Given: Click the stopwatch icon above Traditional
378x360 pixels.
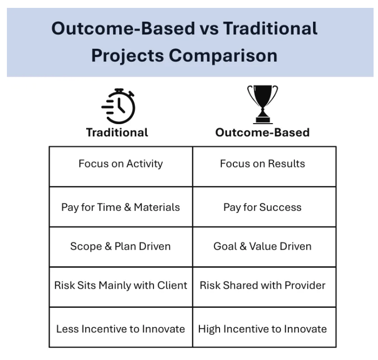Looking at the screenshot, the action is coord(118,106).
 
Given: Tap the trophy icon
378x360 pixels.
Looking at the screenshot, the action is coord(262,104).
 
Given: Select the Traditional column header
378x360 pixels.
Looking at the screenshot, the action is coord(117,132).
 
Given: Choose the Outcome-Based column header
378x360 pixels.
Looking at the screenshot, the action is coord(262,132).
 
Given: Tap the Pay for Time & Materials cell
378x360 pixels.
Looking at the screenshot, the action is coord(121,207).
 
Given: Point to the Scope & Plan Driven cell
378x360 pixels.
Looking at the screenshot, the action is coord(121,246).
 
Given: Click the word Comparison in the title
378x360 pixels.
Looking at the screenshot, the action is coord(223,56).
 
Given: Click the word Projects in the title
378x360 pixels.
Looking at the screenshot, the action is coord(127,56).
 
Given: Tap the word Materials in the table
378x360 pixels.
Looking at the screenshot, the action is coord(157,207).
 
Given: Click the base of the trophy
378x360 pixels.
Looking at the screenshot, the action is coord(263,121).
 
